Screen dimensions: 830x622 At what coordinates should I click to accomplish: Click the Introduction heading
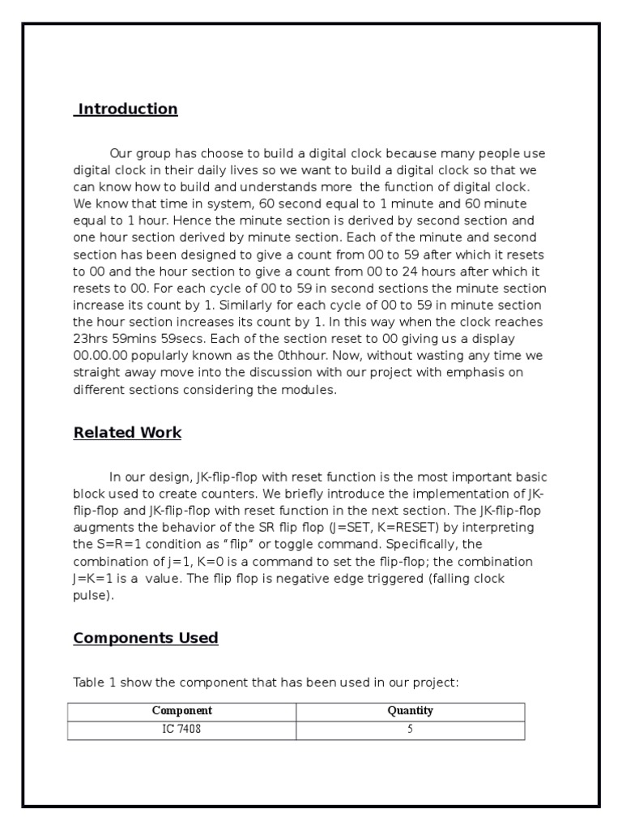[x=126, y=109]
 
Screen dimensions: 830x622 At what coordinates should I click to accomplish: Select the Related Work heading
[x=127, y=433]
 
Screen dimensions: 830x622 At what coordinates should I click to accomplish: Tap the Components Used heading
[x=146, y=638]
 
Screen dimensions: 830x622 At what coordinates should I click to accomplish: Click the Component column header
[x=182, y=711]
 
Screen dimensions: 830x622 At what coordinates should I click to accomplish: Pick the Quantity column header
[x=411, y=711]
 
